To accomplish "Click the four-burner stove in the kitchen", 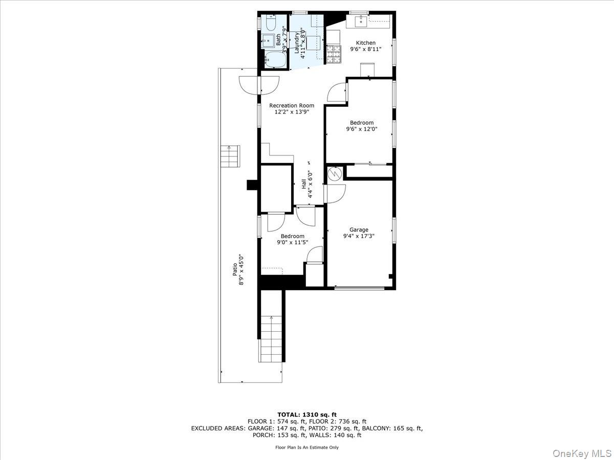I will [x=334, y=55].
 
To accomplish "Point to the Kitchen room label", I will [x=366, y=43].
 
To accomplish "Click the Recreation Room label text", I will [x=292, y=105].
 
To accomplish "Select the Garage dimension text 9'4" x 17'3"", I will [x=359, y=236].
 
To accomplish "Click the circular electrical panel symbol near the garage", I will [x=334, y=174].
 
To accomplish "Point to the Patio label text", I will [x=235, y=269].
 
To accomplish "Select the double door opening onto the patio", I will [x=259, y=84].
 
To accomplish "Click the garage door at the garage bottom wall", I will [x=359, y=288].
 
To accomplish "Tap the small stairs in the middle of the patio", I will [x=230, y=156].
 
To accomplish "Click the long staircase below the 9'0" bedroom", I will [x=271, y=337].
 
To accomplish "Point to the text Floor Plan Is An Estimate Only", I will [x=307, y=447].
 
